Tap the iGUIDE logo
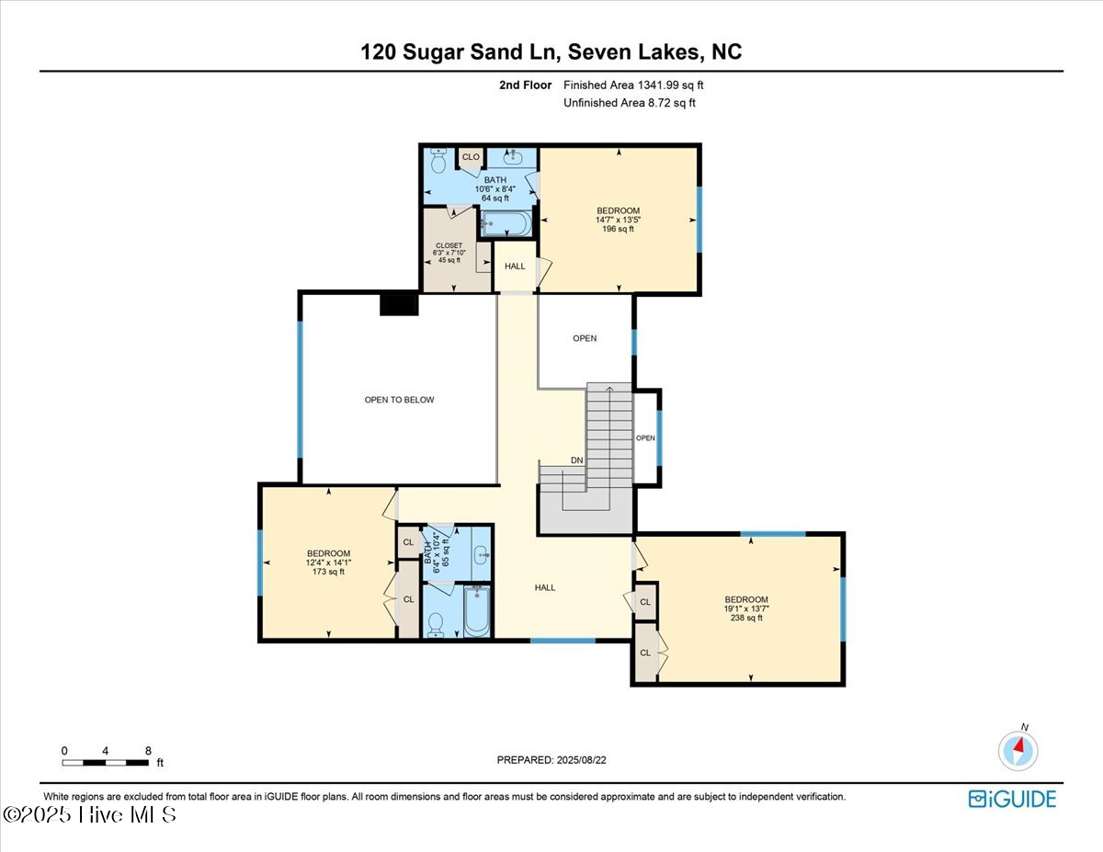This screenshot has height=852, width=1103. (1012, 799)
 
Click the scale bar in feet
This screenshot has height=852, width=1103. (106, 763)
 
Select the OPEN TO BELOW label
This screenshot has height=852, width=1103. (399, 400)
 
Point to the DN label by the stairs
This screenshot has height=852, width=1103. (576, 460)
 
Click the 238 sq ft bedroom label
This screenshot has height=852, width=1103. (746, 608)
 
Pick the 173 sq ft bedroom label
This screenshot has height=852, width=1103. (328, 562)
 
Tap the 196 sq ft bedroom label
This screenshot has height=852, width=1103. (618, 220)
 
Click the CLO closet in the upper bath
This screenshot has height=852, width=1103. (471, 157)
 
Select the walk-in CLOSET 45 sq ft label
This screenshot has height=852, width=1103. (449, 253)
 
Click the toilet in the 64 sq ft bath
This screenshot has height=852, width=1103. (438, 160)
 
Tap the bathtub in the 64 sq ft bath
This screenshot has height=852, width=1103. (506, 223)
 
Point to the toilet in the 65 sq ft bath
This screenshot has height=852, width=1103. (436, 625)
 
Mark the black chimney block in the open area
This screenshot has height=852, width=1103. (400, 304)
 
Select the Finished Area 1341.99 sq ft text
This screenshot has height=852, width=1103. (633, 85)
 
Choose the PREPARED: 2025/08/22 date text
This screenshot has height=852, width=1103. (551, 760)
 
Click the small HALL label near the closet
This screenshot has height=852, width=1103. (515, 266)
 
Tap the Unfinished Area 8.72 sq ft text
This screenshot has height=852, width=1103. (630, 103)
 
